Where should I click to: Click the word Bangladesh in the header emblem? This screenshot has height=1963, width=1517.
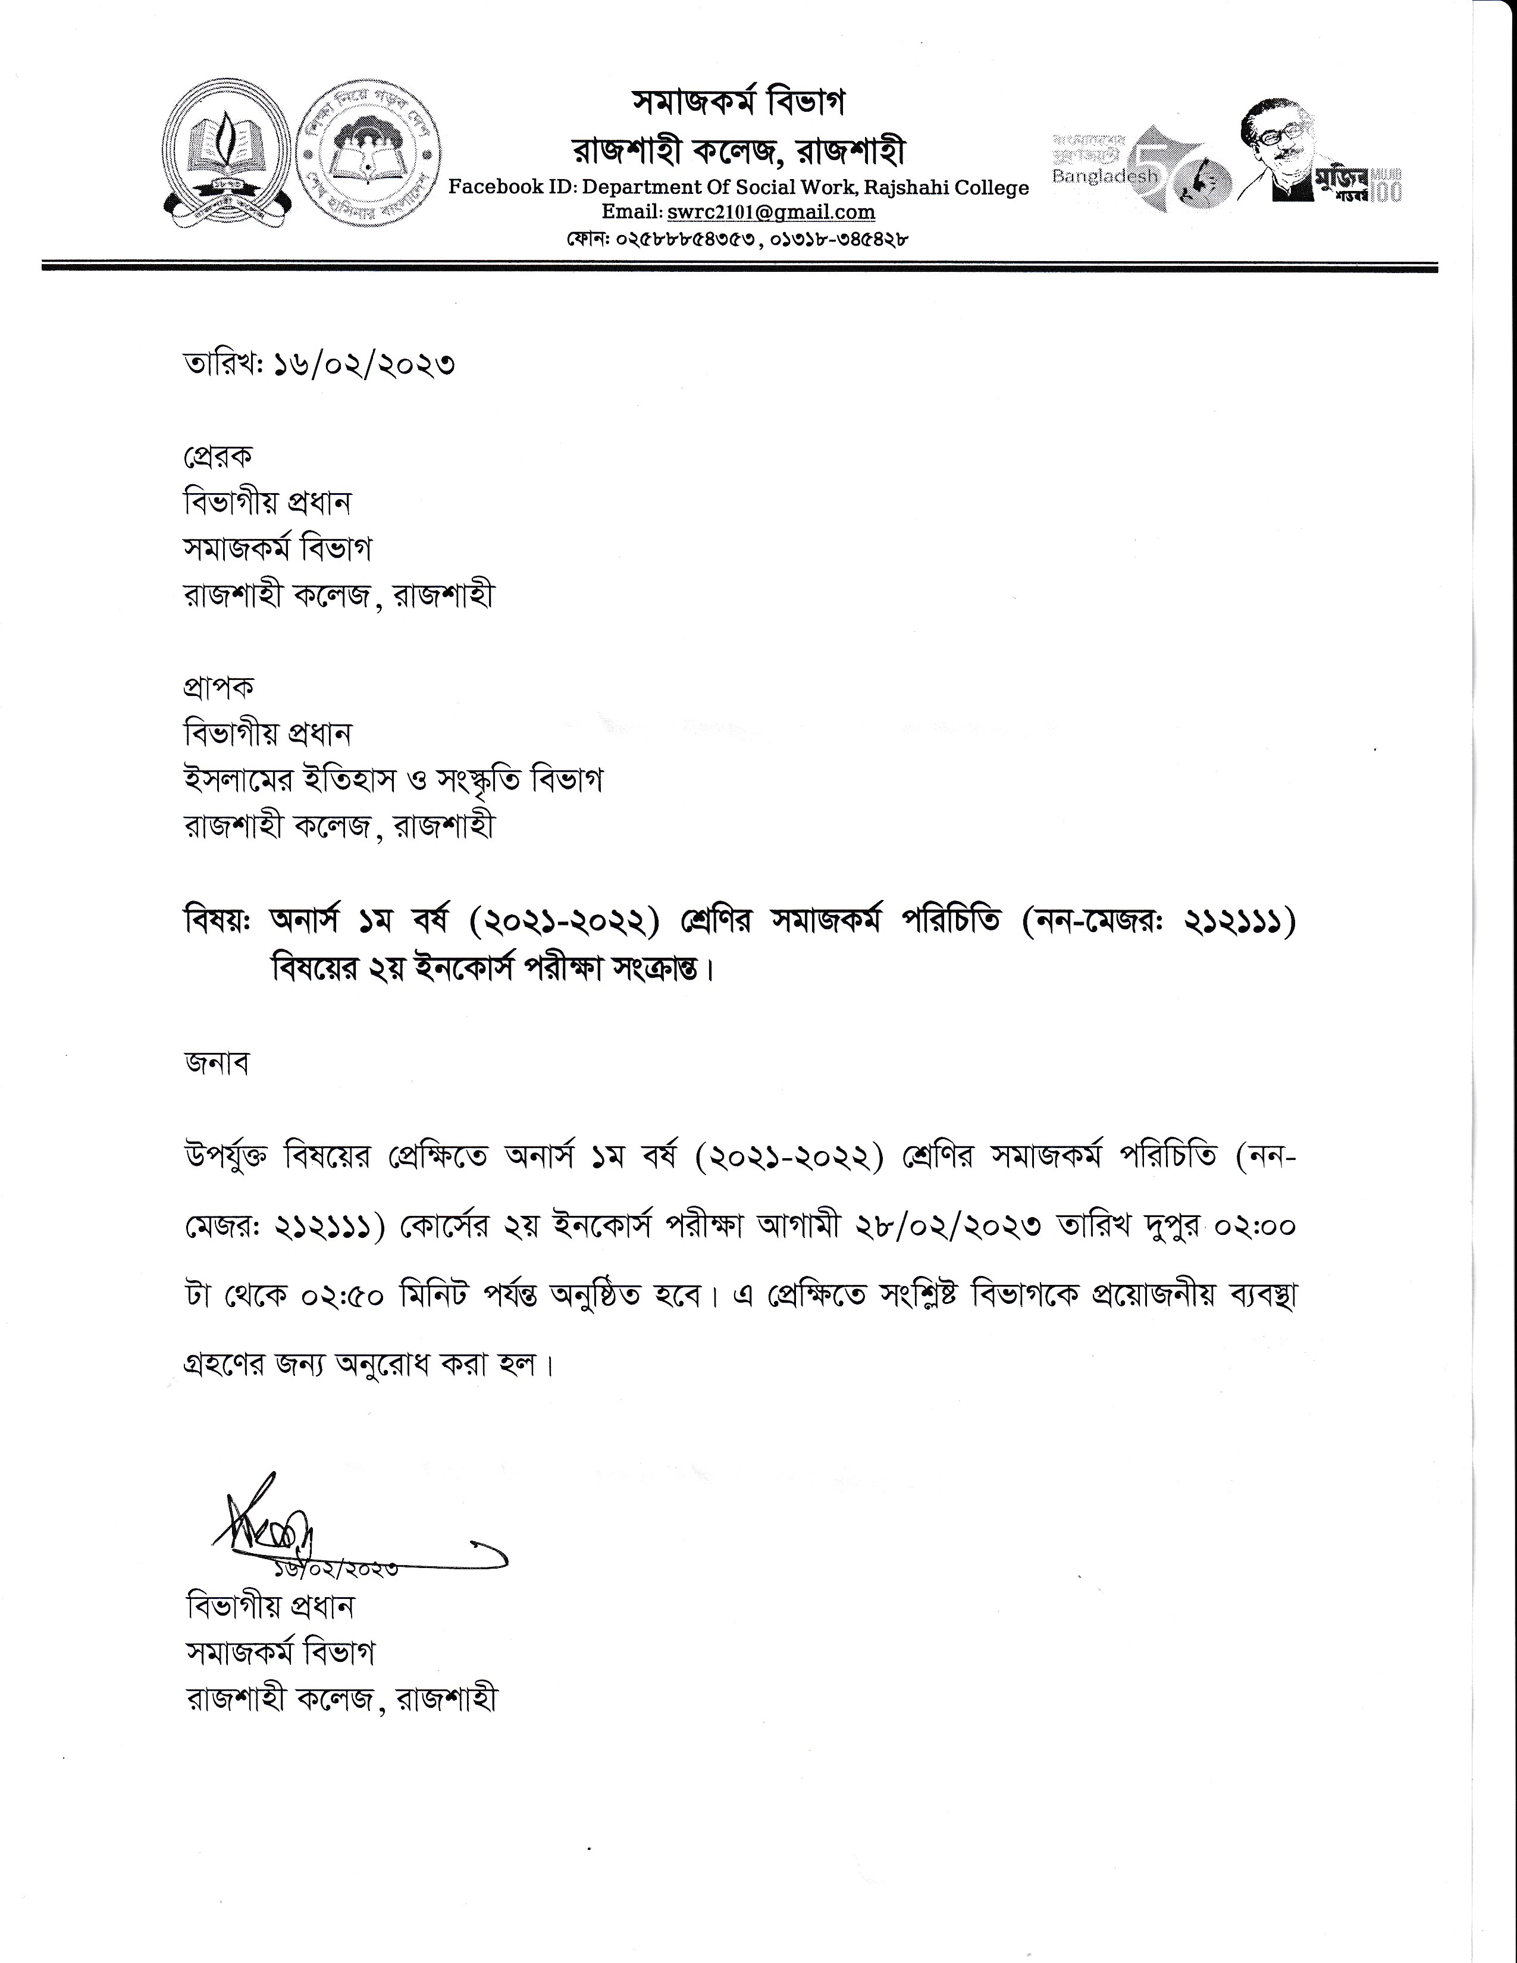pos(1105,177)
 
